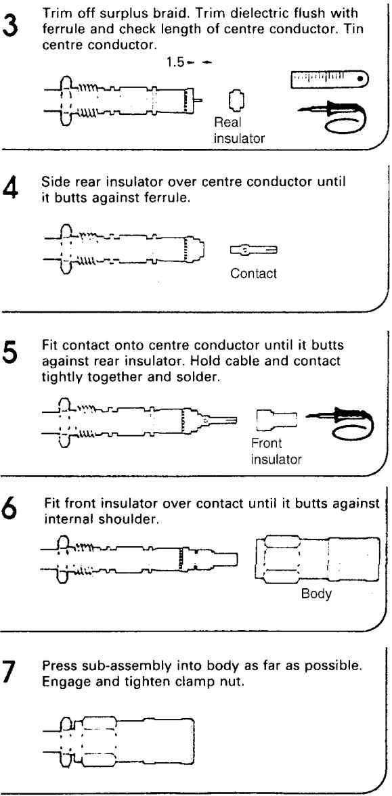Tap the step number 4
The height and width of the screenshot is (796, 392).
tap(11, 189)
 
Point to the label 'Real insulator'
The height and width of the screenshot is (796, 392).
tap(239, 130)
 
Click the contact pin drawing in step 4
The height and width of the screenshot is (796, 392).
tap(253, 250)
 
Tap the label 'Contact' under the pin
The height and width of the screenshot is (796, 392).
tap(253, 273)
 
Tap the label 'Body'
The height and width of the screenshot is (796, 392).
tap(317, 594)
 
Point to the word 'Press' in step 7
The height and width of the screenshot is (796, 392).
tap(58, 666)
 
